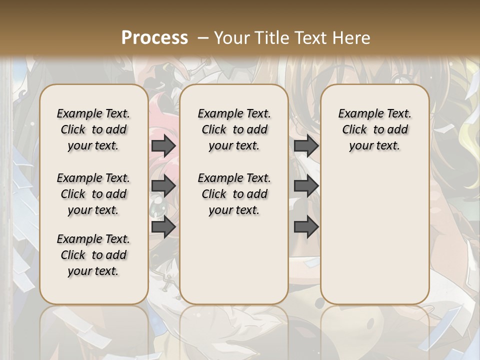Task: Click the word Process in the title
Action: [154, 37]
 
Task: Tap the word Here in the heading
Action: [351, 37]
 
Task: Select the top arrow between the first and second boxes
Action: [163, 145]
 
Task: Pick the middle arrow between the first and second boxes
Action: [163, 186]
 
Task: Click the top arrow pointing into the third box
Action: [306, 145]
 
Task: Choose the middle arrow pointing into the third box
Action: [306, 186]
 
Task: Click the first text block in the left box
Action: [93, 129]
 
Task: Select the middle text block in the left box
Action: [93, 194]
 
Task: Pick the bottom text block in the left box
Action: [93, 255]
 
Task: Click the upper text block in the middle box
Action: [234, 129]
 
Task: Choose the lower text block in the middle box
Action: [234, 194]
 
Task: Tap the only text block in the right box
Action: [375, 129]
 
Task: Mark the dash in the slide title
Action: [203, 37]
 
